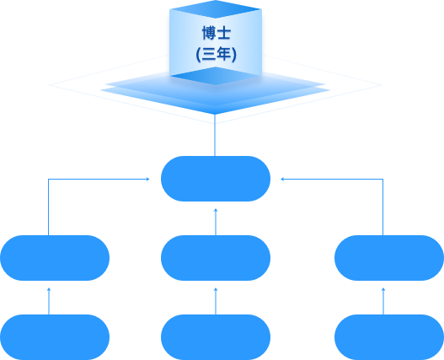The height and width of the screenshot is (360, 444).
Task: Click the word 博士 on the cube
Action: [217, 33]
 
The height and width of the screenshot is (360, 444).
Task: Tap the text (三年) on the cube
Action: [216, 54]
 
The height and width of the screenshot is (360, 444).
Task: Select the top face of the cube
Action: [216, 9]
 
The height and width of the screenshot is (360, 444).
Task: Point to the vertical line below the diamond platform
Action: [215, 135]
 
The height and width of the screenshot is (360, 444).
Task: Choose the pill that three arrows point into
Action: [216, 179]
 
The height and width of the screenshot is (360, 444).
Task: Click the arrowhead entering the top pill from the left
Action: [147, 179]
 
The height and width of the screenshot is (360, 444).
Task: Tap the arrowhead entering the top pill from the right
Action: [282, 179]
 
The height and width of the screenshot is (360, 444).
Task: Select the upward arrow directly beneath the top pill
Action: [216, 222]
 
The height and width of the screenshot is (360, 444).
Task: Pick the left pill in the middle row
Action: [55, 258]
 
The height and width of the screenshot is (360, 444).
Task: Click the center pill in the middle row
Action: [216, 258]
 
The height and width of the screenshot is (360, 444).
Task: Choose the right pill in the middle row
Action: [389, 258]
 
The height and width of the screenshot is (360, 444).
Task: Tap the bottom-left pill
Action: [55, 337]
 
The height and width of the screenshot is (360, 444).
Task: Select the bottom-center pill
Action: [216, 337]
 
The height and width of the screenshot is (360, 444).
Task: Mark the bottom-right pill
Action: [389, 337]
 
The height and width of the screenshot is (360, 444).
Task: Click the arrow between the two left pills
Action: [49, 301]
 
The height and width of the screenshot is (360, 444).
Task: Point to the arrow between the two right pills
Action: [383, 301]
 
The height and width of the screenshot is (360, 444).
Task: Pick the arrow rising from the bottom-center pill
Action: [216, 301]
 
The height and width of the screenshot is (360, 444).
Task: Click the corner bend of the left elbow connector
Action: [48, 179]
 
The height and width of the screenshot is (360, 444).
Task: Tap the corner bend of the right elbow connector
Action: [382, 179]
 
